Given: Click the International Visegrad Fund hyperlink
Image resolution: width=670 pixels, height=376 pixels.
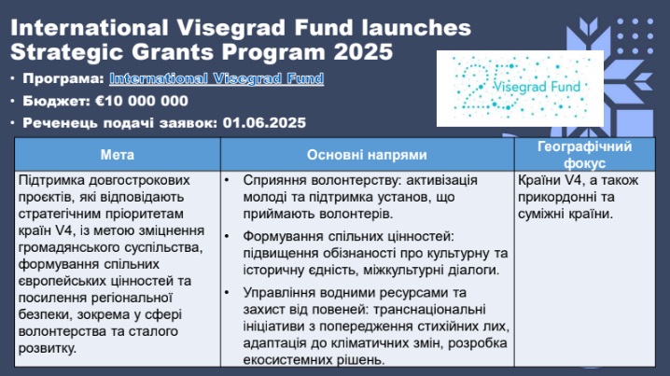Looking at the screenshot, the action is pyautogui.click(x=216, y=78).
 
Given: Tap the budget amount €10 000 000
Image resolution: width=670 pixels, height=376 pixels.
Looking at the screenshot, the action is pyautogui.click(x=142, y=101).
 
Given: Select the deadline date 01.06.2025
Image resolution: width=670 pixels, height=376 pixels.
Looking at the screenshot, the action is pyautogui.click(x=264, y=123).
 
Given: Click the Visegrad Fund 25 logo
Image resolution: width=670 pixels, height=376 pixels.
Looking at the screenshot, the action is pyautogui.click(x=520, y=89).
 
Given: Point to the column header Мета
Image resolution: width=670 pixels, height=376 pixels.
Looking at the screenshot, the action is pyautogui.click(x=117, y=155).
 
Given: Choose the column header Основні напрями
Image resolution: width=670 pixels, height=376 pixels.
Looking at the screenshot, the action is pyautogui.click(x=367, y=155).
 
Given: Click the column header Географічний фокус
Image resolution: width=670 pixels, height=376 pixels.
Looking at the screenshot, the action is pyautogui.click(x=584, y=155).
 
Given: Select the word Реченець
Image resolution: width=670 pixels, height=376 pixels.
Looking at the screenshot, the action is pyautogui.click(x=59, y=123).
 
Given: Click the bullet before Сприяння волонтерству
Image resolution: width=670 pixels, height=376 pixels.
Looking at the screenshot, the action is pyautogui.click(x=227, y=181).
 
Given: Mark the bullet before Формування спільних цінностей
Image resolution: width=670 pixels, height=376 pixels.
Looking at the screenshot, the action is pyautogui.click(x=227, y=236).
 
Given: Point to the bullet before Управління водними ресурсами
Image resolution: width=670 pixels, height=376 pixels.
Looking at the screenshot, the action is pyautogui.click(x=227, y=293).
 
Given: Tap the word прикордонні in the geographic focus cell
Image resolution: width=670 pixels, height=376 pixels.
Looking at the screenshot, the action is pyautogui.click(x=556, y=197).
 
